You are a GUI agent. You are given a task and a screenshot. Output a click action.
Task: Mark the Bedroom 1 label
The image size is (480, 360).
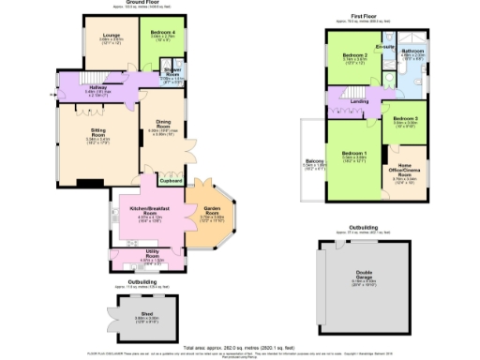point(353,152)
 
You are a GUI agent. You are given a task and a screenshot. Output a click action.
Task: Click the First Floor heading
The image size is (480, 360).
point(366,17)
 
